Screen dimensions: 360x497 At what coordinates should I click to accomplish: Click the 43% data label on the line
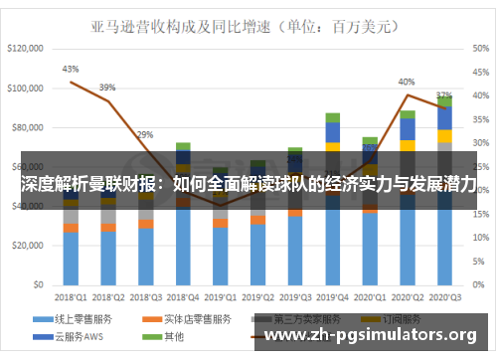[71, 70]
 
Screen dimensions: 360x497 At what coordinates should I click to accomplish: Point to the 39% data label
[107, 88]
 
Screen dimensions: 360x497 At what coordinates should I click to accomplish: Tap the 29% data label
[145, 134]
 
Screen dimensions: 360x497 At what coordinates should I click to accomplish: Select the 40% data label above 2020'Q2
[407, 82]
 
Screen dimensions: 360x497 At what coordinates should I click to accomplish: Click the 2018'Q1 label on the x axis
[70, 296]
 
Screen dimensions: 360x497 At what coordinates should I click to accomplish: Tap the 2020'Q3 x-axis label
[444, 296]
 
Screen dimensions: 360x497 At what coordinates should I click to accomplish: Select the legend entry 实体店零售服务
[194, 319]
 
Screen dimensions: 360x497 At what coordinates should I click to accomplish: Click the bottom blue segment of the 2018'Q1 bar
[71, 259]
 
